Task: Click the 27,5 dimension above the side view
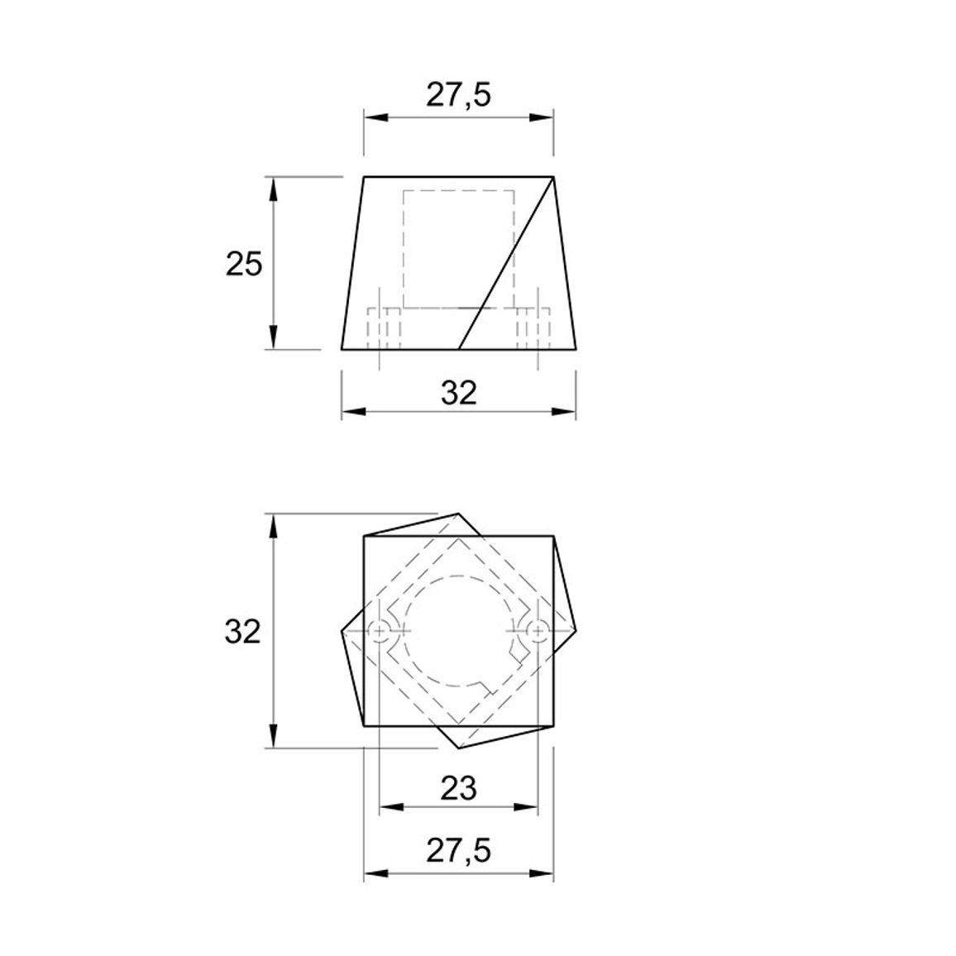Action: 458,95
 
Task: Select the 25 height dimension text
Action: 244,264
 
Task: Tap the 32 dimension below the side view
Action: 458,394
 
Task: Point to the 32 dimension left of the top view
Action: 242,632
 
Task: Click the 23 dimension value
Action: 458,790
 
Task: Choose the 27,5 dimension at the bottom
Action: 458,850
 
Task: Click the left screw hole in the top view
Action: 379,631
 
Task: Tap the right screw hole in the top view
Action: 538,631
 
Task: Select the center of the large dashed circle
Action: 458,631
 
